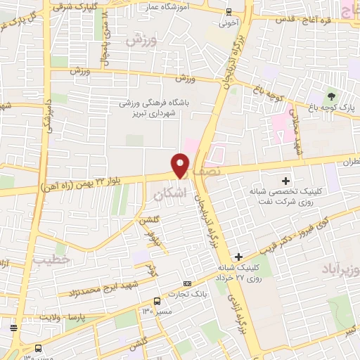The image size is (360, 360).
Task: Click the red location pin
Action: click(x=181, y=166)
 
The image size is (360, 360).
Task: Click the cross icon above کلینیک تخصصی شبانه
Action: click(x=285, y=181)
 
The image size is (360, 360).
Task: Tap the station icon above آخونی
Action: click(x=229, y=11)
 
